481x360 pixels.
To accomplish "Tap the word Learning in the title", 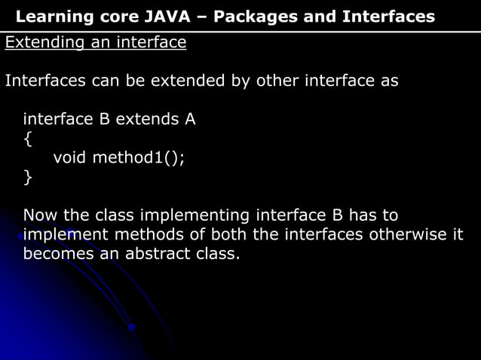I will click(53, 17).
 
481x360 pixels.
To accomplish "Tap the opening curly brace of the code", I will click(28, 139).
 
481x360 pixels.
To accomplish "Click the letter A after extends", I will click(189, 119).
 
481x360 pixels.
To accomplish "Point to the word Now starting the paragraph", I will click(39, 215).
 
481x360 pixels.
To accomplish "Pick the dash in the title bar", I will click(204, 17).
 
